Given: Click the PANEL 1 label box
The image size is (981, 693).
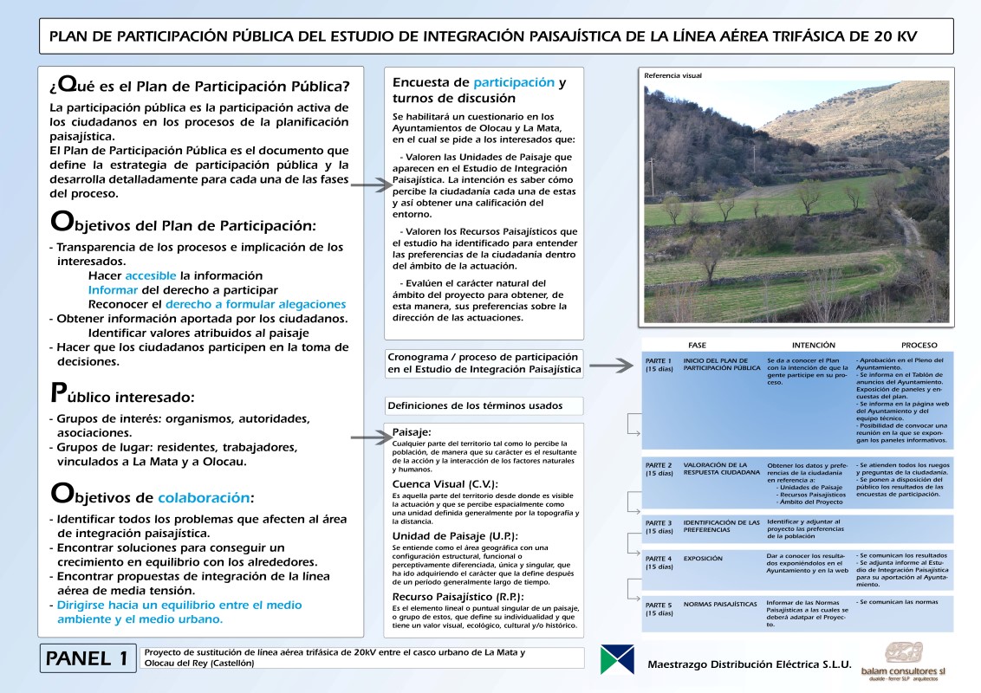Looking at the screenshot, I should pos(88,658).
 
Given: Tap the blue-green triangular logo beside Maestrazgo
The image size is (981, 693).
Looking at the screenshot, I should pos(616,659).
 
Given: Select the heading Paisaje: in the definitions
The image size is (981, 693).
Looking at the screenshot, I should pos(412,431).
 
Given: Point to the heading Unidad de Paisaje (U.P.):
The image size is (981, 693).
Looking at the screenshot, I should pos(455,535).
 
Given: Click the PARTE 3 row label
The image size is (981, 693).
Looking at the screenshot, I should pos(659,527).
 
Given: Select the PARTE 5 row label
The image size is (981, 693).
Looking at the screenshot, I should pos(659,608).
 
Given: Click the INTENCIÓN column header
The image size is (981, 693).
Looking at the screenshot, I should pos(814,345).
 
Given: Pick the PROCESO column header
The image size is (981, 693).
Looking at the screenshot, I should pos(919,345).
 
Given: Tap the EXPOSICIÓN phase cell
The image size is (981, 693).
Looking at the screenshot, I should pos(703,559).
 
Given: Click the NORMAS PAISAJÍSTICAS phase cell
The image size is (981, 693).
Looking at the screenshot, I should pos(720,604).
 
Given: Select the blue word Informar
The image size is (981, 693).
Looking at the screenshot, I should pos(113,289).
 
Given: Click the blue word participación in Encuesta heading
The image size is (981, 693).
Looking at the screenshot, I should pos(514,82).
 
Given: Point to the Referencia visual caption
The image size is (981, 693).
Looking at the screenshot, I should pos(673,75).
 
